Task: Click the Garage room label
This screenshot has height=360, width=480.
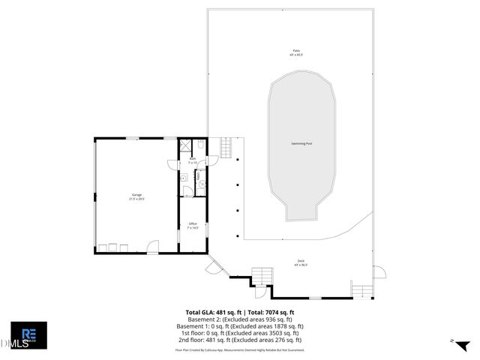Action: [x=136, y=196]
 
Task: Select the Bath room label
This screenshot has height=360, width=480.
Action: [x=192, y=160]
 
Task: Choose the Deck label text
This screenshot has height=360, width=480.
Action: [x=300, y=262]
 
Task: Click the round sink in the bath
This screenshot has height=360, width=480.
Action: [x=184, y=179]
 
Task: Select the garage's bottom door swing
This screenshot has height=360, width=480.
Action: [x=152, y=246]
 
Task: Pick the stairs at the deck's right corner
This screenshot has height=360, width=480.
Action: [x=361, y=290]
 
